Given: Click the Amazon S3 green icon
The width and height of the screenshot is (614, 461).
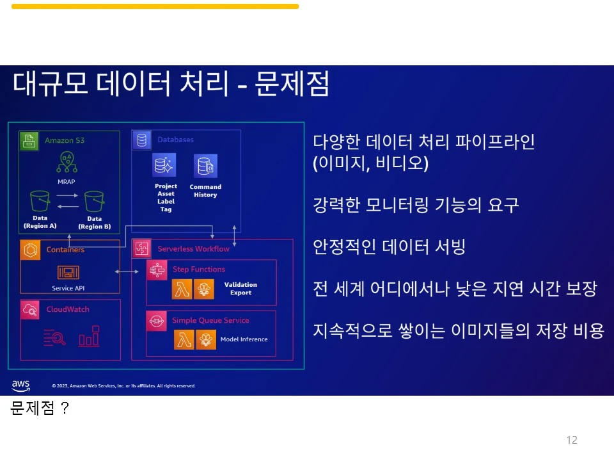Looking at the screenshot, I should tap(28, 140).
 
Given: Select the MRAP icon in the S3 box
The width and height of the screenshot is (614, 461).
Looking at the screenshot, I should tap(67, 163).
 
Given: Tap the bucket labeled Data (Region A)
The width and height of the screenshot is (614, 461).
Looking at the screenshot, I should tap(40, 201).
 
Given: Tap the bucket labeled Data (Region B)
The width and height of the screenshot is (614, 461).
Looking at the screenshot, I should tap(94, 201).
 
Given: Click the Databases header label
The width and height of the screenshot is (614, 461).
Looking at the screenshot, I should tap(175, 140).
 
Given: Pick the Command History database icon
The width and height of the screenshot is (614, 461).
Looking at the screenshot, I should tap(205, 166).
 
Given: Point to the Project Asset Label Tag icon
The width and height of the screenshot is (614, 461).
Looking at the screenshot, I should tap(164, 166).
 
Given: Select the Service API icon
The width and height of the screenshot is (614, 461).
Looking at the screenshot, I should tap(68, 273).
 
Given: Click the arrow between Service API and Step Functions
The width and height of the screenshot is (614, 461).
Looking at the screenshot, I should tap(127, 272).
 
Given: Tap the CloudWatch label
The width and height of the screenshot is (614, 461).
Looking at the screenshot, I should tap(68, 309).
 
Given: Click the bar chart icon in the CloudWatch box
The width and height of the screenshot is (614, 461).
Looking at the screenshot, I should tap(89, 336).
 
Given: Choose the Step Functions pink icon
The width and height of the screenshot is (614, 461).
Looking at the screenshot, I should tap(157, 270).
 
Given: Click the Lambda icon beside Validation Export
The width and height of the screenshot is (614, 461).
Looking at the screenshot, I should tap(182, 289).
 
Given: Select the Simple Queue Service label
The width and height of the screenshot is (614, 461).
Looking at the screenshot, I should tap(210, 320).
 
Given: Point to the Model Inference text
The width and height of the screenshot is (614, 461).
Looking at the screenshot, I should tap(244, 339).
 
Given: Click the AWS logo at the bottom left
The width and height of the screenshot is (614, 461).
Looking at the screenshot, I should tap(20, 385).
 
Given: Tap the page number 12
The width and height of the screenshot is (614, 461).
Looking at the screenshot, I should tap(572, 440).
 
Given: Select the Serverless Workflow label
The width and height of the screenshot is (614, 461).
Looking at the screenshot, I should tap(193, 248).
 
